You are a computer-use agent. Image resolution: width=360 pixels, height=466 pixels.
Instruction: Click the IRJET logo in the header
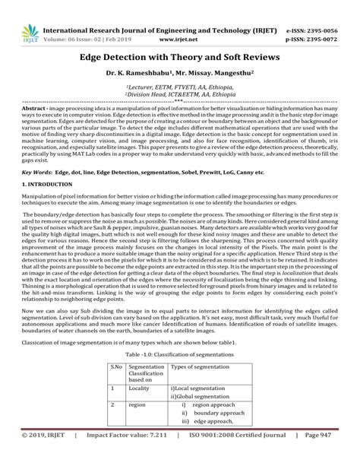(30, 33)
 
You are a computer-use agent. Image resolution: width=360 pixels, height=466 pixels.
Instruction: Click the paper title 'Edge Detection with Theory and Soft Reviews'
(180, 57)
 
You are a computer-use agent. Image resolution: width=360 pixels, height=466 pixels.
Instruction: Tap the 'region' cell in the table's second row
(137, 405)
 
